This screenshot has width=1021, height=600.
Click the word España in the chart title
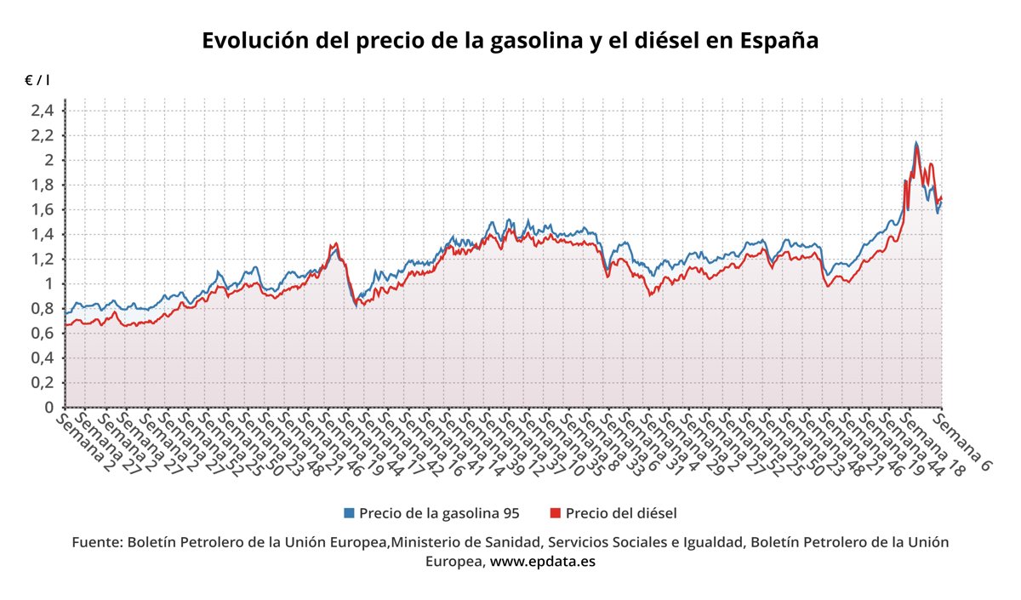[x=779, y=41]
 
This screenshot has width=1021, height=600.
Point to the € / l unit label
[x=37, y=80]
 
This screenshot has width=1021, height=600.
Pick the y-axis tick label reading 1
[x=49, y=283]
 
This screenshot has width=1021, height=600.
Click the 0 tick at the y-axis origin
[x=49, y=408]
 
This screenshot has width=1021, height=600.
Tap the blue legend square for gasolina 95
[x=349, y=513]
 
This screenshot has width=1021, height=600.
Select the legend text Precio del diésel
[x=620, y=513]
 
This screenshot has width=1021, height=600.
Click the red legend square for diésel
[x=556, y=513]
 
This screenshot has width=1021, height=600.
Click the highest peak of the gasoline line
[x=915, y=143]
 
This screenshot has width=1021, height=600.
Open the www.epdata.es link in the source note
[x=543, y=562]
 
